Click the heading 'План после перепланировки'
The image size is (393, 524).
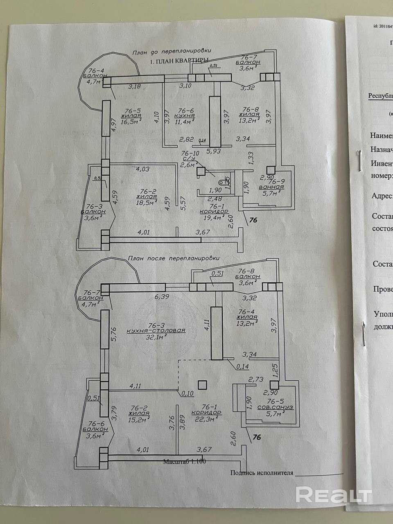(x=174, y=258)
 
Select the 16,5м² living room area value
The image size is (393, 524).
(x=131, y=122)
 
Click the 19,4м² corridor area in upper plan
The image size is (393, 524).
(x=210, y=217)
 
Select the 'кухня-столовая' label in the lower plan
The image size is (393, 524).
(x=156, y=331)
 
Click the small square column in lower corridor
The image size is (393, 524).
(x=202, y=384)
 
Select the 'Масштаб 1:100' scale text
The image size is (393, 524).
(x=184, y=461)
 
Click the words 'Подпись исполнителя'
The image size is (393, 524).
(x=262, y=472)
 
